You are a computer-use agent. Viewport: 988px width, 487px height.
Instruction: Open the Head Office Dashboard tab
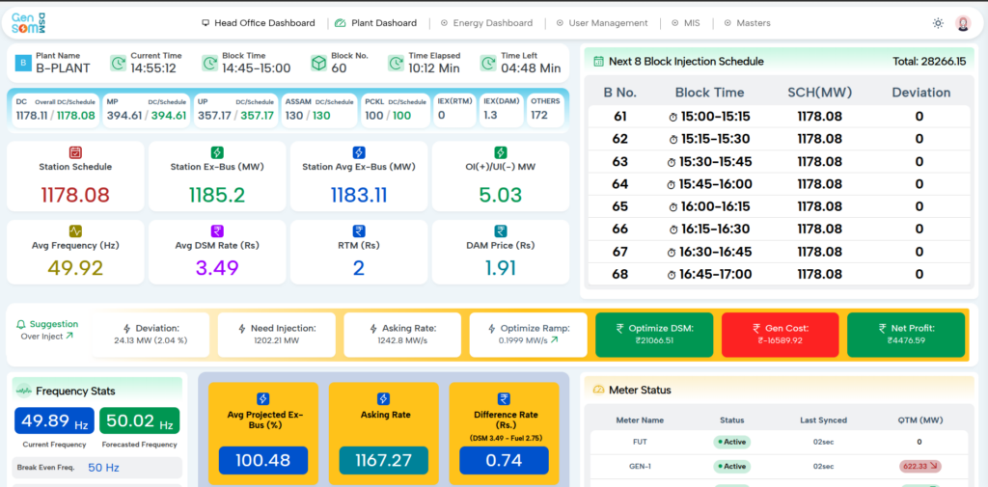point(259,23)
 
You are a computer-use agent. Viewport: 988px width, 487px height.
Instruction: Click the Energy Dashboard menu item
point(486,23)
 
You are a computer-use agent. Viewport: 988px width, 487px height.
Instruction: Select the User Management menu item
point(602,23)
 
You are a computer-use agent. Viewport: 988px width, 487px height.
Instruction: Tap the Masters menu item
point(748,23)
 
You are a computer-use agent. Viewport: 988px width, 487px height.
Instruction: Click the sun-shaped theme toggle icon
point(938,23)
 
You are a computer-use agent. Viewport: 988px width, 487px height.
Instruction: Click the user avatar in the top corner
point(964,23)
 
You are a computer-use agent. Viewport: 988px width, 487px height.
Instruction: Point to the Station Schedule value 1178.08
point(75,196)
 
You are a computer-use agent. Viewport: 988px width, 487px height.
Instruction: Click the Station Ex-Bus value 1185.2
point(217,196)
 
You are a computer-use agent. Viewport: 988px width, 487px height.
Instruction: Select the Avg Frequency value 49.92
point(75,268)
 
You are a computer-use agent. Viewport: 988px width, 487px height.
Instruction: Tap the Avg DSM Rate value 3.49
point(217,268)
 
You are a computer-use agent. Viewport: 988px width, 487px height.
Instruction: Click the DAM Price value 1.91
point(501,268)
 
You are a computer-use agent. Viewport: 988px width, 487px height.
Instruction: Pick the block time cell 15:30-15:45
point(710,162)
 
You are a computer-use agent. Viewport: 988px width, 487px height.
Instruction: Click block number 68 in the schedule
point(620,275)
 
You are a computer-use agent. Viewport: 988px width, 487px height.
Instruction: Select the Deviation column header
point(921,93)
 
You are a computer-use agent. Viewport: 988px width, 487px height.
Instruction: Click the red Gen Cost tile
point(780,334)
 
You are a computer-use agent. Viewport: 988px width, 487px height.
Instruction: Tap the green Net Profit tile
point(906,334)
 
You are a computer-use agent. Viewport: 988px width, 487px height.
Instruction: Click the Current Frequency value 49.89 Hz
point(55,420)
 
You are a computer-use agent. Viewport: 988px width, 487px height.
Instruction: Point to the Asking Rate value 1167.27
point(384,461)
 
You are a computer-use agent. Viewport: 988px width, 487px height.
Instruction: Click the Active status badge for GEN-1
point(731,467)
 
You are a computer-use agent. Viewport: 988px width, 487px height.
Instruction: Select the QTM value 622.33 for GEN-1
point(919,467)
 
